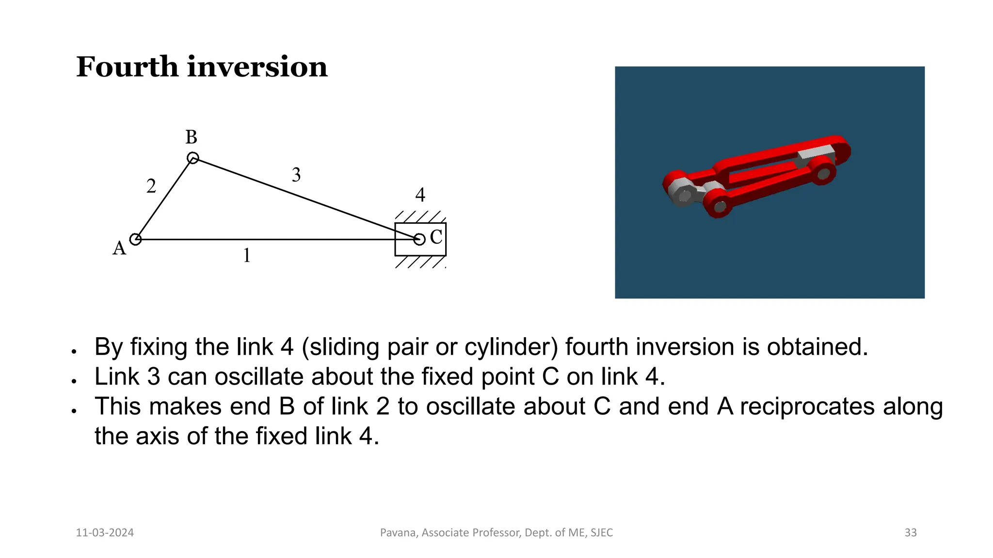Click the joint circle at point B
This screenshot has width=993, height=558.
(193, 158)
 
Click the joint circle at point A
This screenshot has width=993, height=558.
(135, 239)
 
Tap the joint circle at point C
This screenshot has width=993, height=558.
(419, 239)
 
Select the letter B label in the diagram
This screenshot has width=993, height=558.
(192, 138)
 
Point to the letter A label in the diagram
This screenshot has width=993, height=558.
(119, 248)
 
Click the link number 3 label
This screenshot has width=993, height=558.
(296, 175)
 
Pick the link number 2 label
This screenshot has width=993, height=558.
(151, 186)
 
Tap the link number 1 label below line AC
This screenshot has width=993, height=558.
(247, 256)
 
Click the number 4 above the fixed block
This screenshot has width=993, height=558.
(420, 195)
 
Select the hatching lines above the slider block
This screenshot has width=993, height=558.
(419, 217)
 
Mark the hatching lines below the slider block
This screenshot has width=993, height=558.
(419, 262)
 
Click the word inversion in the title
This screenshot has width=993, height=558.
(257, 67)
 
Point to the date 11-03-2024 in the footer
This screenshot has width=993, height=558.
(105, 533)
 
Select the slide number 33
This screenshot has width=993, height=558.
(911, 533)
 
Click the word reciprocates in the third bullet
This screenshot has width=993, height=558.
(807, 406)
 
